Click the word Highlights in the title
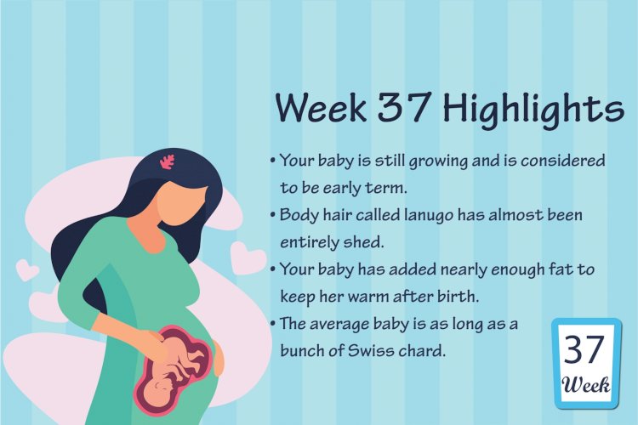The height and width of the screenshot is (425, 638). [533, 109]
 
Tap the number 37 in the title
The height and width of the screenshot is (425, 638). [403, 105]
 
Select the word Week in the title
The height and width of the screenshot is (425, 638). [321, 107]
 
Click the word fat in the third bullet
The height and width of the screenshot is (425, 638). [560, 269]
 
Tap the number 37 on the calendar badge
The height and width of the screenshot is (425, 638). [584, 350]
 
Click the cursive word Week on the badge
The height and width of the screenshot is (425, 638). [586, 385]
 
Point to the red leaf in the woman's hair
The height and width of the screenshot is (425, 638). [167, 161]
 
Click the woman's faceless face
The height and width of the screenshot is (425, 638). [181, 203]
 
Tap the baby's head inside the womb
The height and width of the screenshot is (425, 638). [157, 391]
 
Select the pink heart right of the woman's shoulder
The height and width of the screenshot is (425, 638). [247, 258]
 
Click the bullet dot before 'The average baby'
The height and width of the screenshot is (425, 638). [273, 324]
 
